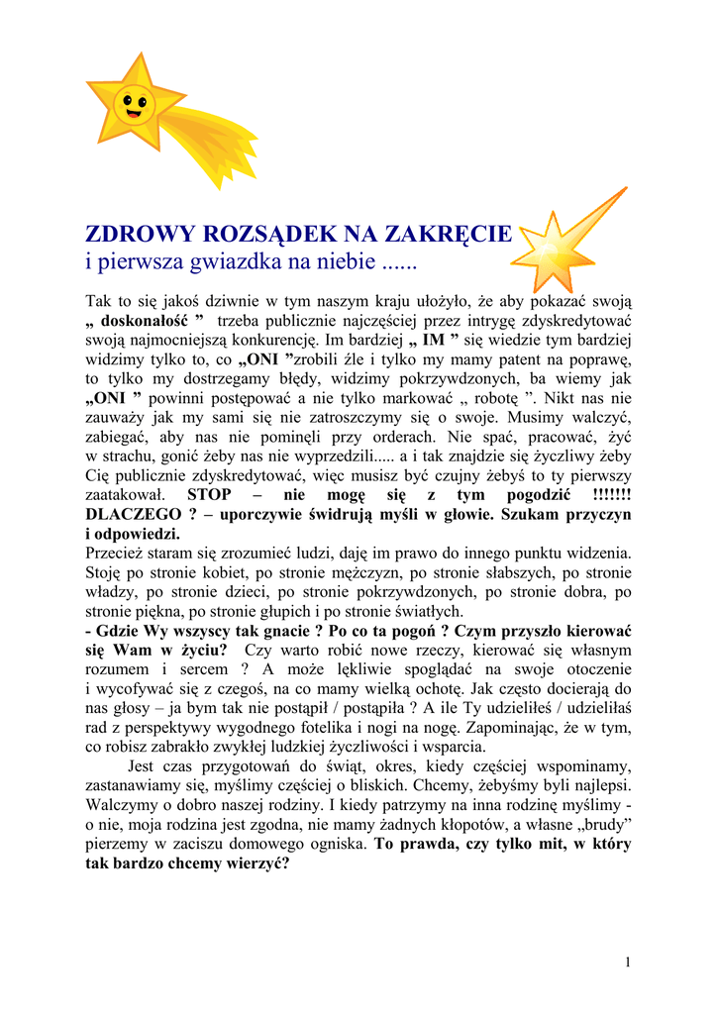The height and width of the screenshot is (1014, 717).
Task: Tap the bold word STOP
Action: (x=210, y=494)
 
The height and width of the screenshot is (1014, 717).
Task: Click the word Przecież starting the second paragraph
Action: (x=119, y=553)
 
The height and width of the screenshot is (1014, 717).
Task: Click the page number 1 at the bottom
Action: (x=628, y=962)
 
